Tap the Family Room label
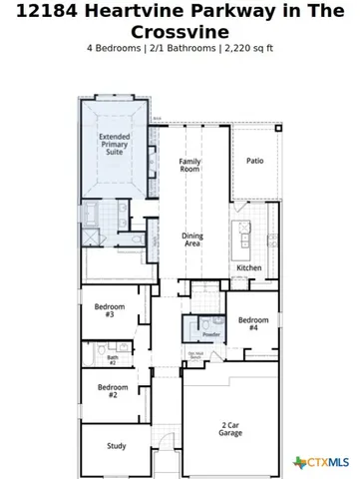pyautogui.click(x=190, y=166)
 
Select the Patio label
pyautogui.click(x=255, y=160)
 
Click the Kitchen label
pyautogui.click(x=248, y=267)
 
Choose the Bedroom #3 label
pyautogui.click(x=108, y=309)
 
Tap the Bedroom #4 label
pyautogui.click(x=252, y=323)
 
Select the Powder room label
pyautogui.click(x=210, y=334)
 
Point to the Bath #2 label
pyautogui.click(x=112, y=359)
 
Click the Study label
pyautogui.click(x=117, y=446)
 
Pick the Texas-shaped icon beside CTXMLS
pyautogui.click(x=300, y=462)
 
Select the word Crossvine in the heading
pyautogui.click(x=180, y=33)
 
